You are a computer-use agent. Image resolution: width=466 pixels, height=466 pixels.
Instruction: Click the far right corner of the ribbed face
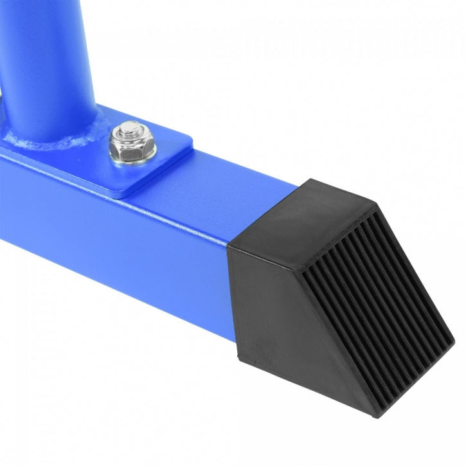pyautogui.click(x=454, y=337)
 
